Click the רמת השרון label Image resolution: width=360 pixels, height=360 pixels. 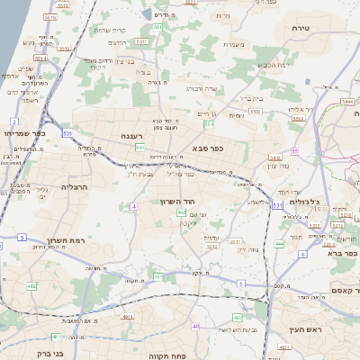point(64,242)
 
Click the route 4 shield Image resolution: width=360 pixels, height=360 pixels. point(133,207)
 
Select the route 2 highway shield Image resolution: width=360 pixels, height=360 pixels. point(14,121)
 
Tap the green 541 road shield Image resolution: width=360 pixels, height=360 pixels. point(139,147)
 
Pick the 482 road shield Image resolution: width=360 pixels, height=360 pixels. point(31,286)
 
